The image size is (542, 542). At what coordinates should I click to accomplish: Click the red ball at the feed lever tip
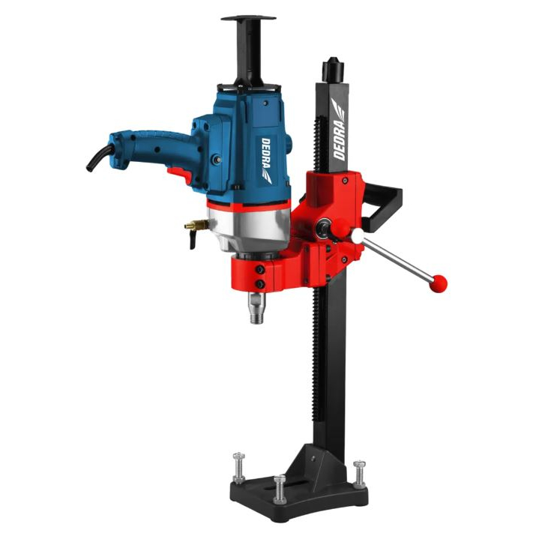pyautogui.click(x=439, y=284)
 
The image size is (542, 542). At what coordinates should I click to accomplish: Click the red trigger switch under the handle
pyautogui.click(x=179, y=175)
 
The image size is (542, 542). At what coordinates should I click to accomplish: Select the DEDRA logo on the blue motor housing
pyautogui.click(x=267, y=160)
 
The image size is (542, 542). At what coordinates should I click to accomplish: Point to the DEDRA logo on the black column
pyautogui.click(x=340, y=129)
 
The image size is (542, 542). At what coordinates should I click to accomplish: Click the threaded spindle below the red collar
pyautogui.click(x=256, y=307)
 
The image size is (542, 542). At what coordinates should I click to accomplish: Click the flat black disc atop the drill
pyautogui.click(x=248, y=18)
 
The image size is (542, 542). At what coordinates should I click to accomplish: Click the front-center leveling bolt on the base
pyautogui.click(x=280, y=489)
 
